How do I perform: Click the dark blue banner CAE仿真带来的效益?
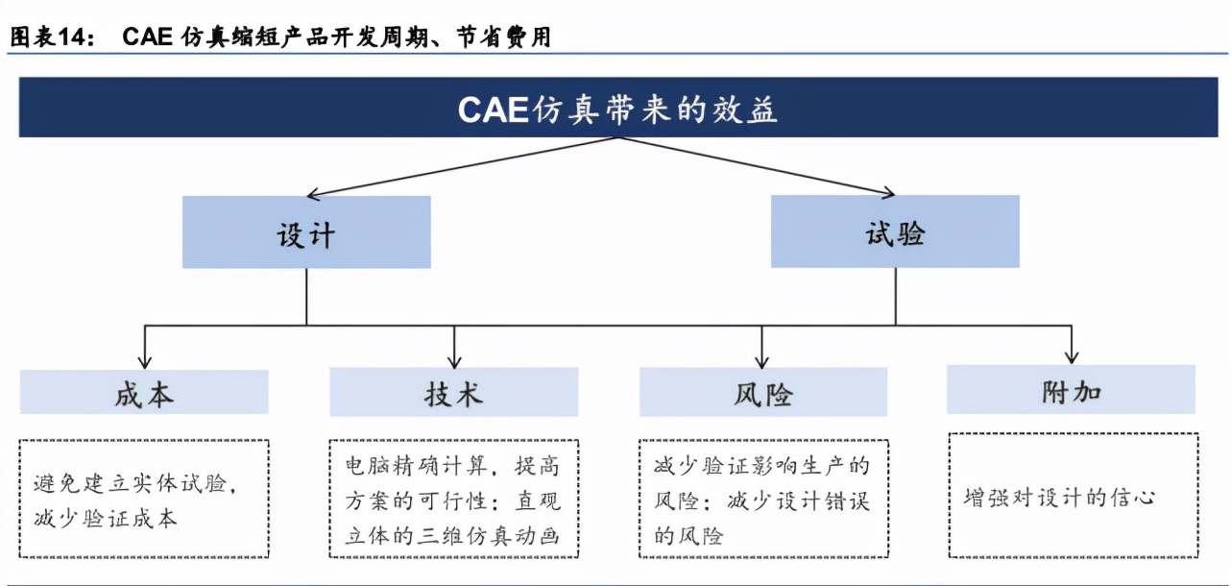click(618, 108)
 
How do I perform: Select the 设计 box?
click(306, 232)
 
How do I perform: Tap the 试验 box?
click(895, 232)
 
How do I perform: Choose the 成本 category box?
click(144, 392)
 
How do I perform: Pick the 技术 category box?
click(454, 392)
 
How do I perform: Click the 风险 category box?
click(763, 392)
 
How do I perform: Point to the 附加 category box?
click(1071, 390)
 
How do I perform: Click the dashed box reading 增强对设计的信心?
click(1074, 496)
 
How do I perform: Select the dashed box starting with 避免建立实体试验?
click(144, 499)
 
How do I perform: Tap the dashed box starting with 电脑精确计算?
click(454, 499)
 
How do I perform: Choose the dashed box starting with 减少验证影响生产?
click(764, 499)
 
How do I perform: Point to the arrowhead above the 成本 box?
click(145, 362)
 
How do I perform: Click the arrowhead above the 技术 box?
click(454, 362)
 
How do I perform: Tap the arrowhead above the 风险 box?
click(761, 362)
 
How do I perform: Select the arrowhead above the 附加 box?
click(1072, 357)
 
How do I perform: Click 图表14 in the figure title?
click(52, 37)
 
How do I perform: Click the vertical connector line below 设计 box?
click(306, 297)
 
